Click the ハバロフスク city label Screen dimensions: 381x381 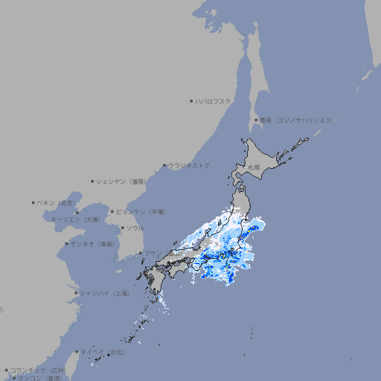[x=214, y=100]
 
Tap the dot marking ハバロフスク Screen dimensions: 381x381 [x=192, y=100]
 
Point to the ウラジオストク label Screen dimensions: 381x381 [x=189, y=165]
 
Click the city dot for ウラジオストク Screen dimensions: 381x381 [x=164, y=166]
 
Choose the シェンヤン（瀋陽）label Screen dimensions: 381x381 [x=121, y=181]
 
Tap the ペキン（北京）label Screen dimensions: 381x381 [x=57, y=202]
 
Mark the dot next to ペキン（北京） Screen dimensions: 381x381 [x=33, y=202]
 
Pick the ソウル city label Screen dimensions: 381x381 [x=135, y=228]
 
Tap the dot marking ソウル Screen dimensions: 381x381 [x=122, y=228]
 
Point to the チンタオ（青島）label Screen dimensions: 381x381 [x=92, y=244]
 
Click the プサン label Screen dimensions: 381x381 [x=152, y=253]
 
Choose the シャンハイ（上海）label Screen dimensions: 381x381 [x=104, y=293]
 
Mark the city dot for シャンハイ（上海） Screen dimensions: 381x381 [x=76, y=293]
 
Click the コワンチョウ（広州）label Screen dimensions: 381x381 [x=37, y=370]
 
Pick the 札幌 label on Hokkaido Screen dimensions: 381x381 [x=254, y=167]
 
